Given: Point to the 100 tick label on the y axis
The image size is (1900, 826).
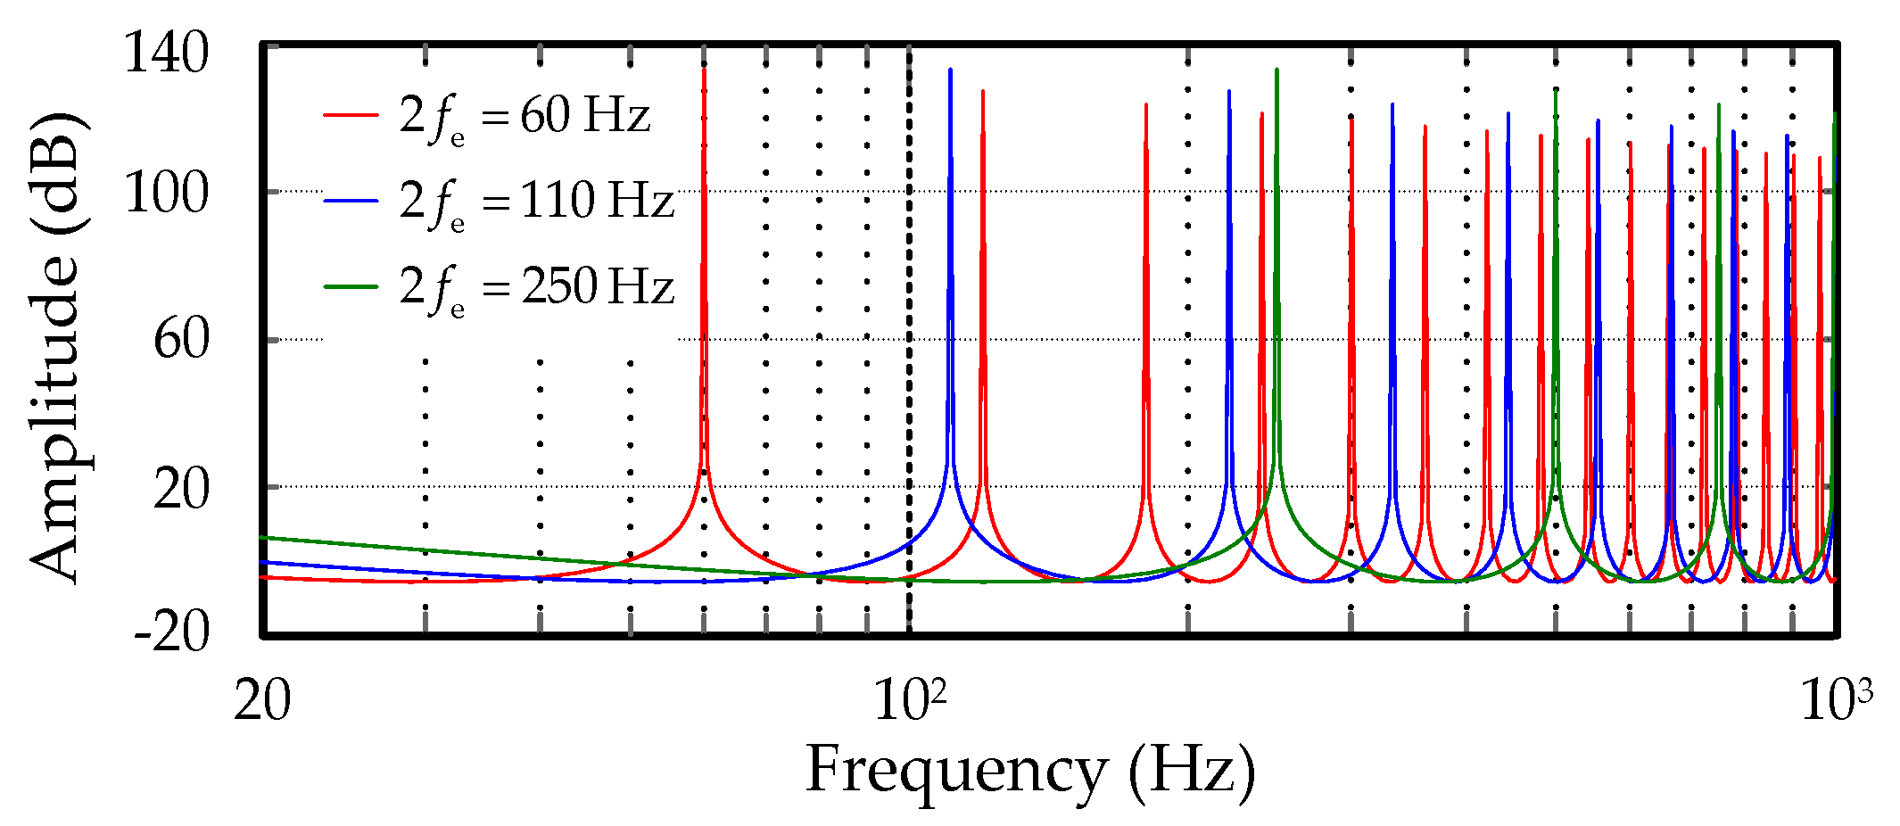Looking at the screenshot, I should tap(166, 193).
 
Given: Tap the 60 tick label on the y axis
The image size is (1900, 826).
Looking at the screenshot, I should tap(181, 340).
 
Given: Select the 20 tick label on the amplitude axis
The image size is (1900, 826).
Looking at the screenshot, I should tap(181, 489).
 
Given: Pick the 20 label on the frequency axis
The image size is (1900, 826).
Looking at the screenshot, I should tap(261, 701).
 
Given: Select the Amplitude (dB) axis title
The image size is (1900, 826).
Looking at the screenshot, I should tap(55, 348).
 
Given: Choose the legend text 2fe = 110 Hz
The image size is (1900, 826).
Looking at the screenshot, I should tap(536, 202).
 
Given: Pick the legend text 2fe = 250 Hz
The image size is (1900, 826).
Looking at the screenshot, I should tap(536, 287).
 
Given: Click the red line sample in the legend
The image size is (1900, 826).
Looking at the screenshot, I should tap(351, 114).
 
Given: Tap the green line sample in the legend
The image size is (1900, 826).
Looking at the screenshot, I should tap(351, 286).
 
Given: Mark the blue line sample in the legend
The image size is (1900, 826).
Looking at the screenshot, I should tap(351, 201).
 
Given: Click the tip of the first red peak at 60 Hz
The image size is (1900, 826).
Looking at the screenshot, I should tap(704, 68).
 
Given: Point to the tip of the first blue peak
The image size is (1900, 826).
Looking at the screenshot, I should tap(950, 69).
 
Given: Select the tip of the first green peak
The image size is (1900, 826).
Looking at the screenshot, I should tap(1276, 69).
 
